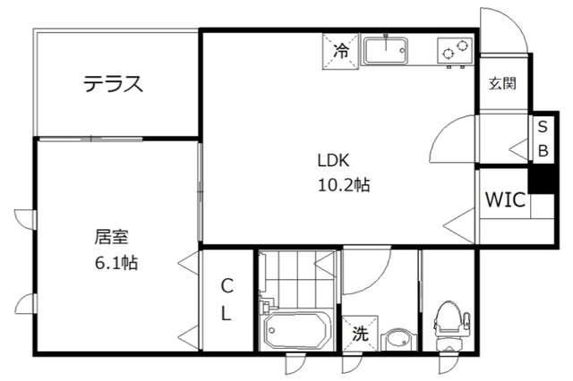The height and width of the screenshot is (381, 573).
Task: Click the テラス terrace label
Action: point(114,84)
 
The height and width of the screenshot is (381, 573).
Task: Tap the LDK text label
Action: point(331,162)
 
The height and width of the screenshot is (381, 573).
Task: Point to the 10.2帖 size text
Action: point(343,186)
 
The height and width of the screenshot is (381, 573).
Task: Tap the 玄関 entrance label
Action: point(502,84)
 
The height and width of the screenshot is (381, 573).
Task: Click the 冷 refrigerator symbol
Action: point(340,52)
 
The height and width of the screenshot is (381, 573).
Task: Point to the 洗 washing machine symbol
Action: point(359,334)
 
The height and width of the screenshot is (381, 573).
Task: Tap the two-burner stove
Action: point(454,52)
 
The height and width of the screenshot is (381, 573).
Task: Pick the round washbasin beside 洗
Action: point(398,340)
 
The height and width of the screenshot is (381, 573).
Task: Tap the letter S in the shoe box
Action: point(543,128)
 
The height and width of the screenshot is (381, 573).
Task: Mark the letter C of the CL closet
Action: point(227,286)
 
